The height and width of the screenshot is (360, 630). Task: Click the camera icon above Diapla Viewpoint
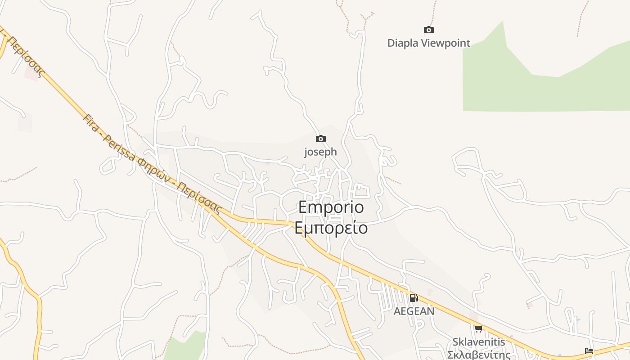pos(429,30)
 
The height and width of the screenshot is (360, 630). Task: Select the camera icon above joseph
pos(320,139)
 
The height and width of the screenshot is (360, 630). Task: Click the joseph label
pos(320,152)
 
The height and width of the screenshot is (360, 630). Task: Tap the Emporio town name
pos(331,207)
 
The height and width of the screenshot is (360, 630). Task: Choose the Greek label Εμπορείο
pos(331,228)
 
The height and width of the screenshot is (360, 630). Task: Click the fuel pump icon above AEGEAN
pos(414,297)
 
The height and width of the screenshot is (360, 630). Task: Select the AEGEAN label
pos(414,311)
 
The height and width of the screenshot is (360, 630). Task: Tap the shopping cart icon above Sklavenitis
pos(478,329)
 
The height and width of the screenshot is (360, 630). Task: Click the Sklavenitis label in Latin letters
pos(479,342)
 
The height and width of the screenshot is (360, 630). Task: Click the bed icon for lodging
pos(589,351)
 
